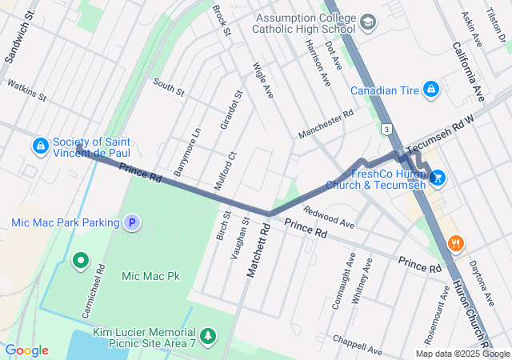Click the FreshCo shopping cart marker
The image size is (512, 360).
pos(437,178)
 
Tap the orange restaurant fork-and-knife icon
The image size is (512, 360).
pos(455,243)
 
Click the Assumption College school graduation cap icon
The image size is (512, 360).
pos(367,22)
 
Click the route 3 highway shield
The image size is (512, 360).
pos(386,128)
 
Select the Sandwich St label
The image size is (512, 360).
pos(20,32)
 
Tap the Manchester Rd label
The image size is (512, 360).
pos(325,124)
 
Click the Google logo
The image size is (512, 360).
pos(26,350)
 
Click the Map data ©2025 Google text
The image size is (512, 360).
pos(462,354)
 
